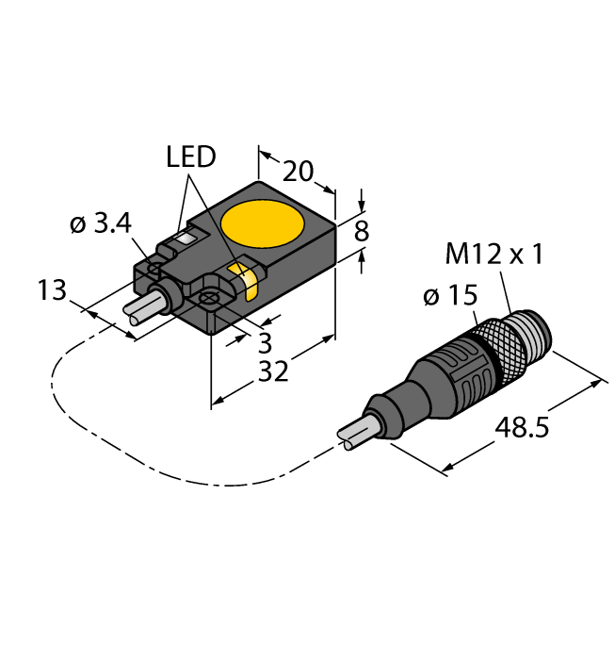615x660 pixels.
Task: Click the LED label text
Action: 191,157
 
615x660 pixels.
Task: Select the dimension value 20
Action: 298,171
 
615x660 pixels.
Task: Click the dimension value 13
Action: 53,289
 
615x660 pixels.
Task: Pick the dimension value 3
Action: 265,339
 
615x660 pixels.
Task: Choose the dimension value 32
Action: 273,373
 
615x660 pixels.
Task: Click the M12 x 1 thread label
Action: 494,256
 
